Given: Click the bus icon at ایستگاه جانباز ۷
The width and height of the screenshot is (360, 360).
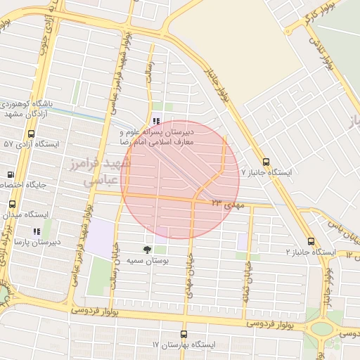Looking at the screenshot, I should [x=266, y=161].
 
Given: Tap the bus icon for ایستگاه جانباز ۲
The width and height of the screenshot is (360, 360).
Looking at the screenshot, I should [x=310, y=241].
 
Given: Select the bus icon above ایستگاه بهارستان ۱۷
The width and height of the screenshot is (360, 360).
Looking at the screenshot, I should [x=184, y=335].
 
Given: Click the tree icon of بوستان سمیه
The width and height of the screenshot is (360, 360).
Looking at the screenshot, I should [x=146, y=250].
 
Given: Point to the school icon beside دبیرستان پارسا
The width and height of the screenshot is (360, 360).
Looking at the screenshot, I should [x=36, y=231].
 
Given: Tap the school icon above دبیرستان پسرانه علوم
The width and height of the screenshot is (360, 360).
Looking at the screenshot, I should [x=155, y=121].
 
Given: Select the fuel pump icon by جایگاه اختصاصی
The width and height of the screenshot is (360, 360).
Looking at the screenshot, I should [x=11, y=174].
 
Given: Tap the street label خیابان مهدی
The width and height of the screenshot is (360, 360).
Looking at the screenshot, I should [x=188, y=272].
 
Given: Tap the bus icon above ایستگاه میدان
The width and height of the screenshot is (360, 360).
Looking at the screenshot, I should [x=11, y=204].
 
